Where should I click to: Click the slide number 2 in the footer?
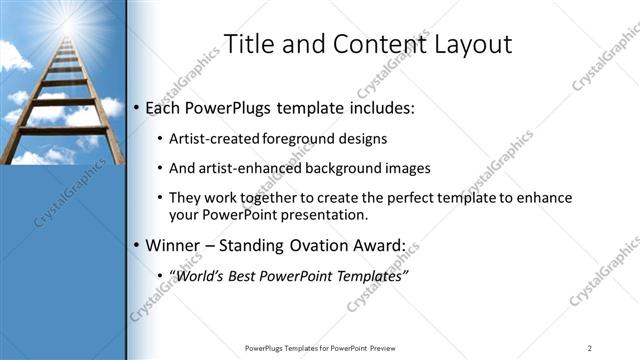[x=589, y=348]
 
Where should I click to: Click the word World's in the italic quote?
[x=206, y=274]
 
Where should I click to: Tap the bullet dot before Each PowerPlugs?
[x=138, y=108]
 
